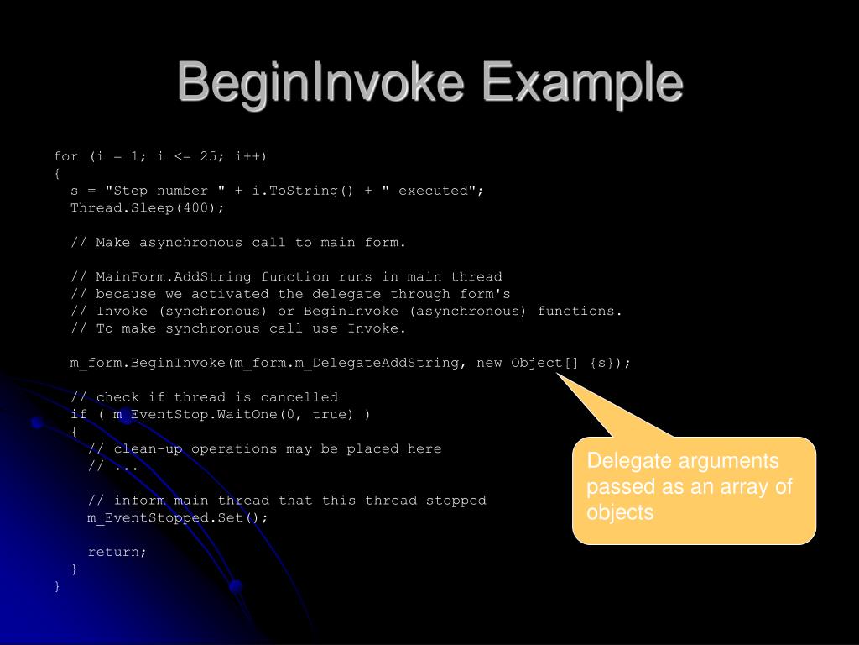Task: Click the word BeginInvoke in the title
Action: (x=317, y=84)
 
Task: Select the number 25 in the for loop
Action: (x=209, y=156)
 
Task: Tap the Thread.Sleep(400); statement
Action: (x=148, y=208)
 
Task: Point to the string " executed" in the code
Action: (x=429, y=191)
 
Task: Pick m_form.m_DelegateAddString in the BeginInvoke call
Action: (x=347, y=363)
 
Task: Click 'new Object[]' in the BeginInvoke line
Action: (x=528, y=363)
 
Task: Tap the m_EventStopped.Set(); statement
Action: (x=178, y=518)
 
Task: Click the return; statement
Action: (x=117, y=553)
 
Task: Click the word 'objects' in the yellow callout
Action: (x=620, y=513)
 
